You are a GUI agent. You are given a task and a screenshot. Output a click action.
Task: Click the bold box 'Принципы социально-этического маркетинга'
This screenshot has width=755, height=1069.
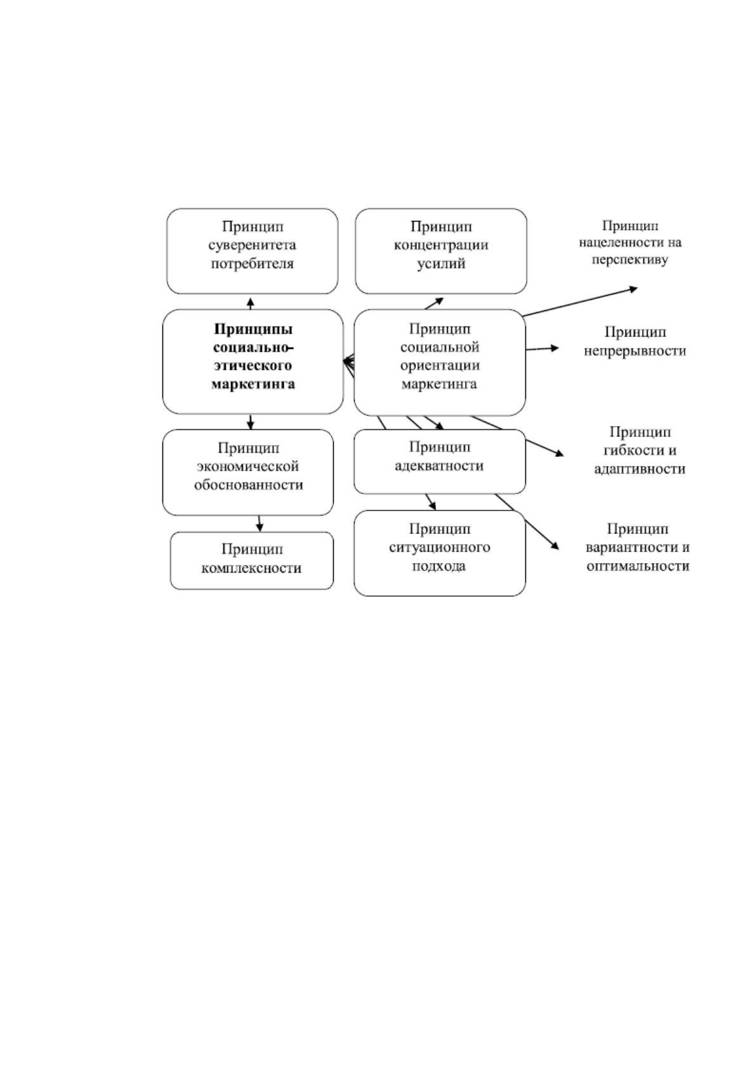253,361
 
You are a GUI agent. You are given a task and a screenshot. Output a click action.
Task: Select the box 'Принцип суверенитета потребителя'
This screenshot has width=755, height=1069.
253,251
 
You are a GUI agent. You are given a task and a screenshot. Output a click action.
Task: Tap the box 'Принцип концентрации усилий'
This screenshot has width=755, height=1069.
441,251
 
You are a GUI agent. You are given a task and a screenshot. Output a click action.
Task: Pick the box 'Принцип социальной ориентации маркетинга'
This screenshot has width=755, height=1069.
440,362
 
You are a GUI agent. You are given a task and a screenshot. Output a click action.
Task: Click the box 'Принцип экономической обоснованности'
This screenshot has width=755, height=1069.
248,472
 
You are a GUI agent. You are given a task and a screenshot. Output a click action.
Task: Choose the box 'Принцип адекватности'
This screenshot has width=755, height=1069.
440,461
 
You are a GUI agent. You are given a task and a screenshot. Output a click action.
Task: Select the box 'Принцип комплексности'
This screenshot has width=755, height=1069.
252,561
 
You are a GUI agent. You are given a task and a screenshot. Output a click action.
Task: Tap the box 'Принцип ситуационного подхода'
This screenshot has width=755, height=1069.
440,553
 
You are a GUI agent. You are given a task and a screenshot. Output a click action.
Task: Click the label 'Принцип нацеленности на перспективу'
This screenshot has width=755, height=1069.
630,242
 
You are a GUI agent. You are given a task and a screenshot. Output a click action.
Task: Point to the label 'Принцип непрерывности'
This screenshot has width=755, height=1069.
635,342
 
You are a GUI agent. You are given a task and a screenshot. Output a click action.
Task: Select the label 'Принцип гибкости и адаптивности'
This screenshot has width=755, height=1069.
640,451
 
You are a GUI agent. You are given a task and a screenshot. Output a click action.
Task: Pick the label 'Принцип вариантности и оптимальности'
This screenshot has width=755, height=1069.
638,547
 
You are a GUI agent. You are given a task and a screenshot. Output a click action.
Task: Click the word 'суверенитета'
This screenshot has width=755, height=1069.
253,245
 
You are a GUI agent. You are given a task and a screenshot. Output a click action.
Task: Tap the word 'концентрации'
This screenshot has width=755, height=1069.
441,245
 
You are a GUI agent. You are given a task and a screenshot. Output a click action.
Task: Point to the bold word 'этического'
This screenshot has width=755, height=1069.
253,366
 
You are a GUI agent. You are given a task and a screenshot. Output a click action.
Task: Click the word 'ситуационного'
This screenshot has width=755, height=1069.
440,547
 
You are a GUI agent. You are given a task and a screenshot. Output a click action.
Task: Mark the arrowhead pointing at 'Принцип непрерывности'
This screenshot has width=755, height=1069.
555,348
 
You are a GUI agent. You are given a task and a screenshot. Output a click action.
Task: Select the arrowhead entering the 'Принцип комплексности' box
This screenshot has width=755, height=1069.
259,528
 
